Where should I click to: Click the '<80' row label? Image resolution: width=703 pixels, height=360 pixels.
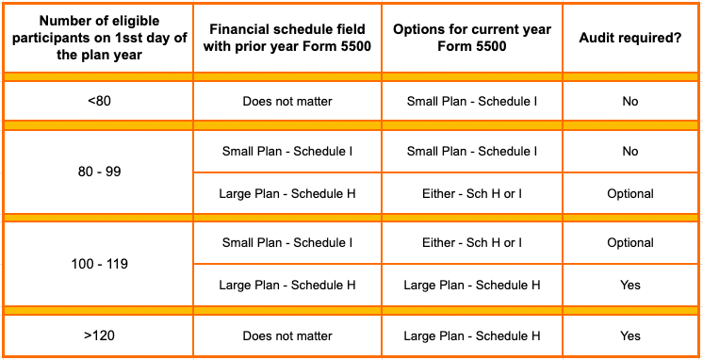click(x=98, y=101)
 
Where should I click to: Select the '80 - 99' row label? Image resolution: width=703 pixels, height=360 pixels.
click(x=98, y=172)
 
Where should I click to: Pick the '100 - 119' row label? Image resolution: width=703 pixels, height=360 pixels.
click(x=98, y=264)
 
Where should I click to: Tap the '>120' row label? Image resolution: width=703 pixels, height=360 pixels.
click(x=98, y=335)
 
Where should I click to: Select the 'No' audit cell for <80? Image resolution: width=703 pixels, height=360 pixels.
click(x=630, y=101)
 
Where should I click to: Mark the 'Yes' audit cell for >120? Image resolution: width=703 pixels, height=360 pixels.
click(x=630, y=335)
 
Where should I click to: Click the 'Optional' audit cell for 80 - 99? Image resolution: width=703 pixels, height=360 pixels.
click(x=630, y=194)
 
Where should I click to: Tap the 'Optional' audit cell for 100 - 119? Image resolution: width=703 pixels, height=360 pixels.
click(x=630, y=242)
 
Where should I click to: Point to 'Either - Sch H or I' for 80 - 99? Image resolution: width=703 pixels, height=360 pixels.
click(x=472, y=194)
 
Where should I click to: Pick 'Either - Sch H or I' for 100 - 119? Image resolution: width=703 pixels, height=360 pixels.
click(x=472, y=242)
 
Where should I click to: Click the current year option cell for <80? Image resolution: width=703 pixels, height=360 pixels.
click(x=472, y=101)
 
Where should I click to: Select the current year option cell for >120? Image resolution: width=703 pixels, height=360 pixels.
click(x=472, y=335)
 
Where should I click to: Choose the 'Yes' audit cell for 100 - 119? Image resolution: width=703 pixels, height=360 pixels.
click(x=630, y=285)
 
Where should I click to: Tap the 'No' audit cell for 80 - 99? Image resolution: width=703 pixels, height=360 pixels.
click(x=630, y=151)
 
